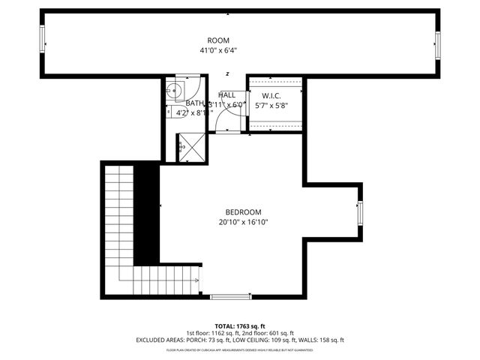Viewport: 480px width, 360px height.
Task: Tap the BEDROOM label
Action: coord(244,212)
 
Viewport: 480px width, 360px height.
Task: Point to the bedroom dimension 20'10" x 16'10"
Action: coord(244,222)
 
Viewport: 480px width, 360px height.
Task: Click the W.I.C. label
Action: coord(271,95)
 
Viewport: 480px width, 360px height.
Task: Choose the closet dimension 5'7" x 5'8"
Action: coord(271,106)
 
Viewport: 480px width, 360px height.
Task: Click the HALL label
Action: coord(227,95)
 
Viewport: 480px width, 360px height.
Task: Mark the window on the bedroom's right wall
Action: coord(360,213)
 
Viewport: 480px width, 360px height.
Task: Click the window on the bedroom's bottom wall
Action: coord(231,297)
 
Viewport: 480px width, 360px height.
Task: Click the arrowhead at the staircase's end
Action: coord(196,282)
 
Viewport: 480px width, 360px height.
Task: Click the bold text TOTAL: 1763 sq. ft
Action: coord(240,325)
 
